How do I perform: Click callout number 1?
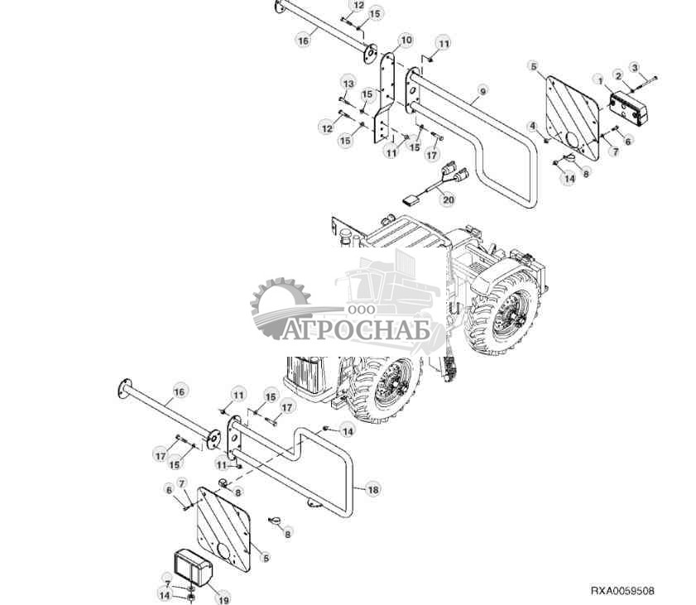pos(598,79)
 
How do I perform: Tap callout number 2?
pos(617,75)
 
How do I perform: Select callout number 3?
pos(636,67)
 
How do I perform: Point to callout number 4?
pos(534,126)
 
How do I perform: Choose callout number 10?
pos(406,40)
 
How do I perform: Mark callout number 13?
pos(348,84)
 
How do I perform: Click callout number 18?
pos(373,490)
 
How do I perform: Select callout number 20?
pos(448,199)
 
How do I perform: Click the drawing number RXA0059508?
pos(622,591)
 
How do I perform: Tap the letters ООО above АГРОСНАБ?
pos(361,309)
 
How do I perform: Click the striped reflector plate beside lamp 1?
pos(574,116)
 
